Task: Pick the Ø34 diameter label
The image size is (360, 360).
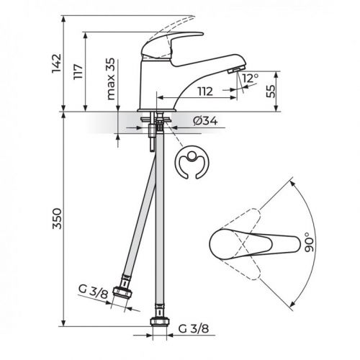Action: point(206,120)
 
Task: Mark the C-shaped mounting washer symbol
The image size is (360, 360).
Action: point(192,164)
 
